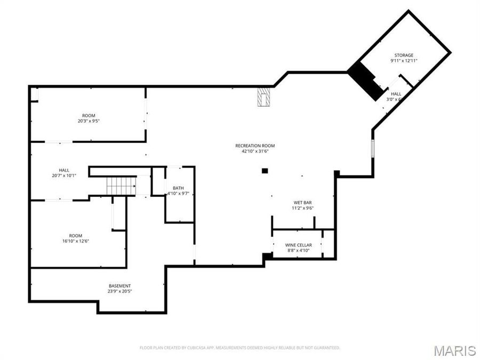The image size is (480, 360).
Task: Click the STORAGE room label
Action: (x=404, y=55)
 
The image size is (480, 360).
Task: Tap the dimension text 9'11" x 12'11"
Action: (x=404, y=61)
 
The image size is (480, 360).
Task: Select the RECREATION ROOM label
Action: (x=255, y=146)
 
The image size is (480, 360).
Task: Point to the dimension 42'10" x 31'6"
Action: (x=255, y=151)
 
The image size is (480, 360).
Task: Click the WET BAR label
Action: (x=302, y=203)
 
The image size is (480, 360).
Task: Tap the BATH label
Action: (x=178, y=188)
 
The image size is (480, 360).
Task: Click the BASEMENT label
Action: (x=119, y=286)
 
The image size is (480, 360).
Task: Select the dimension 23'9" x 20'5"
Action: (x=119, y=292)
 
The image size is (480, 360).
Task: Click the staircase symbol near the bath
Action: (x=121, y=186)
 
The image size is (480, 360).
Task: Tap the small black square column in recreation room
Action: (x=265, y=171)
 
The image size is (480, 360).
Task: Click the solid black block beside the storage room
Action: (x=366, y=81)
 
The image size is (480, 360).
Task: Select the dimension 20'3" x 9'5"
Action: (x=89, y=121)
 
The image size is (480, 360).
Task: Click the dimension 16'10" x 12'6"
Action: (x=76, y=241)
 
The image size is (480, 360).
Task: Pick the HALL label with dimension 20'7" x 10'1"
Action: (x=64, y=170)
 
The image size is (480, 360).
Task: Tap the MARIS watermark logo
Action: (x=454, y=350)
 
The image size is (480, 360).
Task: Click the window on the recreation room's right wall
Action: (x=373, y=148)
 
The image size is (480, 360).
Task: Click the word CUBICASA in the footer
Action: (x=197, y=348)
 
